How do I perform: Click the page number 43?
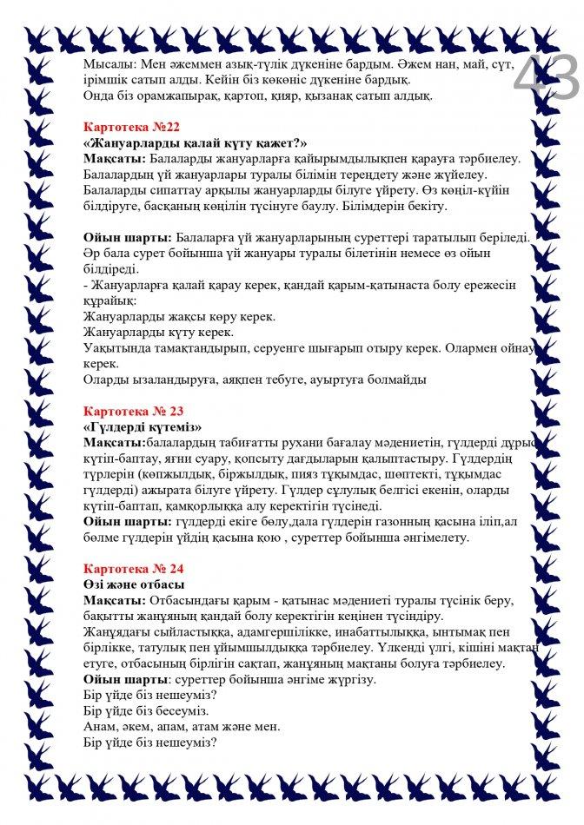click(545, 76)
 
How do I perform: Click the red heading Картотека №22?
click(130, 127)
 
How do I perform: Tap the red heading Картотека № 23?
click(133, 411)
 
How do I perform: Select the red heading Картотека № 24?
click(133, 569)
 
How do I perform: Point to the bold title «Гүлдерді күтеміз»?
click(143, 426)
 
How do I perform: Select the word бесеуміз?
click(179, 710)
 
